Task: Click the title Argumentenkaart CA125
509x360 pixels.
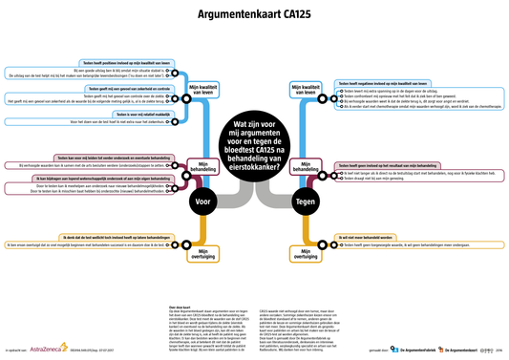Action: click(x=253, y=15)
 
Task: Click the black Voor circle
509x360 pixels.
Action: click(x=201, y=202)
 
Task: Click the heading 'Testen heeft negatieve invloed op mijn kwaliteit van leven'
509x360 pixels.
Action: click(x=400, y=83)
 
